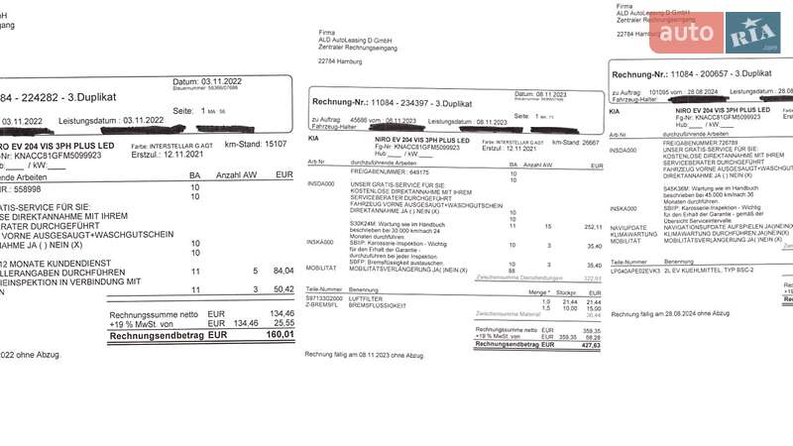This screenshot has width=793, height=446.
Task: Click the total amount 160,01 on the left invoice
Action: [282, 334]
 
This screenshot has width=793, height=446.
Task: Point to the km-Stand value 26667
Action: [590, 142]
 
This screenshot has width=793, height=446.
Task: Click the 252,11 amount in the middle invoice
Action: [593, 226]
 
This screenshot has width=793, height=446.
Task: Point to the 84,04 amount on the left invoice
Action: [283, 270]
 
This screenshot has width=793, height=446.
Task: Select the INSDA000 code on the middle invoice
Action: [321, 183]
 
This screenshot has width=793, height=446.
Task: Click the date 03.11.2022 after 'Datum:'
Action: [221, 81]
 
